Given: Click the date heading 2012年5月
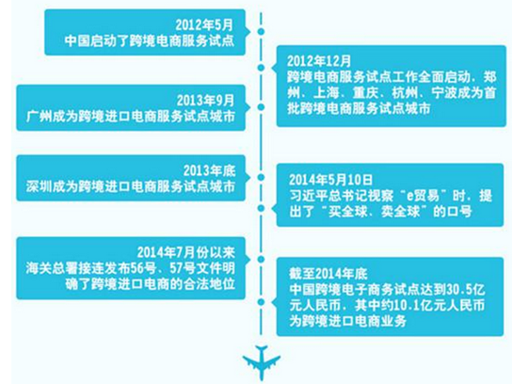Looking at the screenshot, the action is point(205,25).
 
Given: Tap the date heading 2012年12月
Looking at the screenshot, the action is point(319,61).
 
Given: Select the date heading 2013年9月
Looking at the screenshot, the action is point(206,101).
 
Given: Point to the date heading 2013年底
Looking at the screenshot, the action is point(209,170).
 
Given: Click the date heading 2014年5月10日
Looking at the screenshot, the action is point(330,180).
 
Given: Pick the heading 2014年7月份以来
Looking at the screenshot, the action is point(185,252).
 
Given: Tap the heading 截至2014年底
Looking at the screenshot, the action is point(328,274).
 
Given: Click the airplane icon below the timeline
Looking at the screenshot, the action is point(262,362).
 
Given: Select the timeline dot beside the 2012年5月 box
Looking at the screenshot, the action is point(261,31).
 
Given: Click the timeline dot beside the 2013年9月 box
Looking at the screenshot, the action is point(261,106).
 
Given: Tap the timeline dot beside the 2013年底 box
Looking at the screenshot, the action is point(261,177).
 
